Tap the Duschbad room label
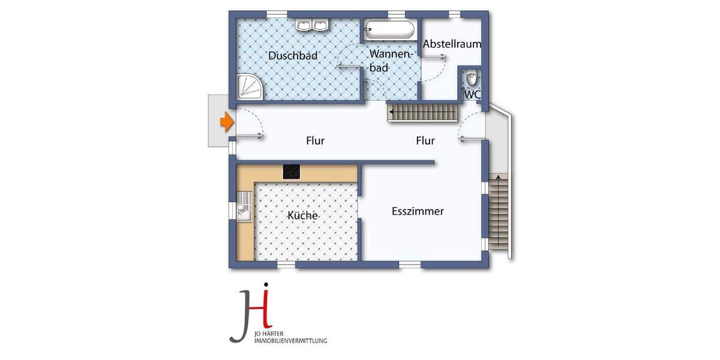pyautogui.click(x=293, y=56)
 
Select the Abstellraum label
pyautogui.click(x=452, y=44)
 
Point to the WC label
pyautogui.click(x=472, y=95)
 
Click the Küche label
pyautogui.click(x=302, y=215)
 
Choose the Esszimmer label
pyautogui.click(x=418, y=211)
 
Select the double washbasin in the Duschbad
pyautogui.click(x=312, y=25)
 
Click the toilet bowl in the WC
pyautogui.click(x=473, y=79)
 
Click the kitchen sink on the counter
pyautogui.click(x=244, y=209)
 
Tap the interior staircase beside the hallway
pyautogui.click(x=422, y=112)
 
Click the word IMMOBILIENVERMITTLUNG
pyautogui.click(x=291, y=341)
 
